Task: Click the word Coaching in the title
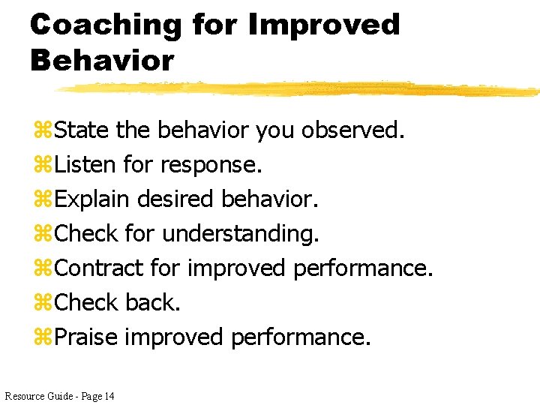point(105,25)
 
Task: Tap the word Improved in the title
point(324,25)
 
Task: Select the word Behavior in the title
point(102,60)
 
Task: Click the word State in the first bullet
point(82,130)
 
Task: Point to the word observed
point(352,130)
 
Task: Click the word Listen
point(85,164)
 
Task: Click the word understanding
point(240,234)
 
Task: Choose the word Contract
point(99,268)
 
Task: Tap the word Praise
point(86,337)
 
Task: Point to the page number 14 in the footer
point(109,395)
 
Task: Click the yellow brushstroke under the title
point(300,88)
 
